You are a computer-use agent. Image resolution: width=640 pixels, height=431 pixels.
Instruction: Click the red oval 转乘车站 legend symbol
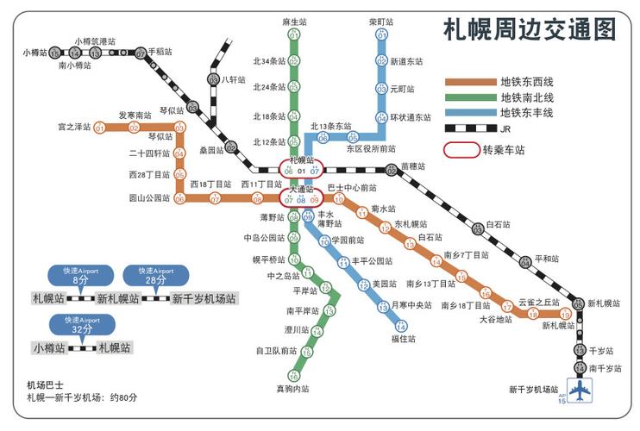click(461, 148)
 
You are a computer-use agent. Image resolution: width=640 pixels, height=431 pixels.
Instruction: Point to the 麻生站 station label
click(294, 22)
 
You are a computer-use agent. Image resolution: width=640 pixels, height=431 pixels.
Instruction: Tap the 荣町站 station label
click(380, 22)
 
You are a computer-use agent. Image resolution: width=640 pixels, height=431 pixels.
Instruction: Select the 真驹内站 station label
click(292, 390)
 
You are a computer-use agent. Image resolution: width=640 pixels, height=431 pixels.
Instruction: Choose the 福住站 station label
click(403, 339)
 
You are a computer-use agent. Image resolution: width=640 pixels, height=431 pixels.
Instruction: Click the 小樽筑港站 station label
click(95, 41)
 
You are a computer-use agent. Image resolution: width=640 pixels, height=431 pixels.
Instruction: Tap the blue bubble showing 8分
click(80, 276)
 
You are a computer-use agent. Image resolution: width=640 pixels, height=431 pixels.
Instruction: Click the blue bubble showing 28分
click(156, 276)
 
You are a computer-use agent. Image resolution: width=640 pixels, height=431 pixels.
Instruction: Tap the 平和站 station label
click(547, 259)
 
